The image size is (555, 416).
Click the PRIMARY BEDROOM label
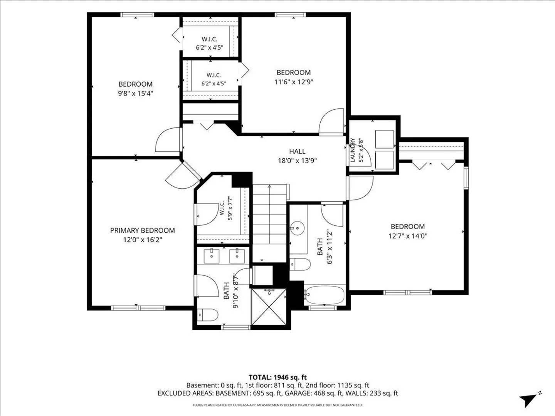142,230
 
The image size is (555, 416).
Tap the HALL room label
297,151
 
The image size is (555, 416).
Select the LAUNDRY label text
353,150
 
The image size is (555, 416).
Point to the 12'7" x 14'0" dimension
408,236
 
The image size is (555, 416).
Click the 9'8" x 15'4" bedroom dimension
136,94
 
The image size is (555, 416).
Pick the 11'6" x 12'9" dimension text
294,82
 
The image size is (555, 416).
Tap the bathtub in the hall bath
324,296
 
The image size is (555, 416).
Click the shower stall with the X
269,307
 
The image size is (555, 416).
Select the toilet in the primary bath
208,315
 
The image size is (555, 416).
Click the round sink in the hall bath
297,228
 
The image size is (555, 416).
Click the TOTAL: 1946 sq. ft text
277,377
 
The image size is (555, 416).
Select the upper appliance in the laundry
384,139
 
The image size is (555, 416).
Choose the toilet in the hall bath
300,265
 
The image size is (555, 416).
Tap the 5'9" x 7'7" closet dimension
230,208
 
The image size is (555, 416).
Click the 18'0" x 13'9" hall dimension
297,161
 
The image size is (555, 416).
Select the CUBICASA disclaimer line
277,405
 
